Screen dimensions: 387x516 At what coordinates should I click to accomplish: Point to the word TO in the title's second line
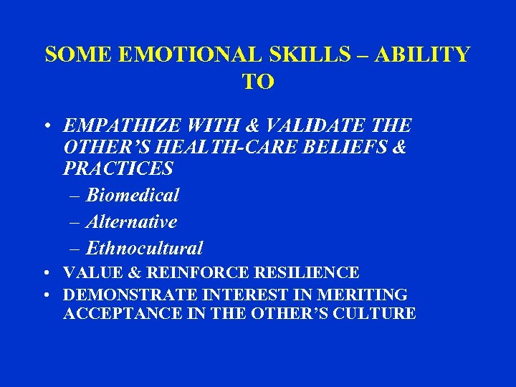click(258, 82)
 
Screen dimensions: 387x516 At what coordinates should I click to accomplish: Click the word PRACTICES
click(118, 168)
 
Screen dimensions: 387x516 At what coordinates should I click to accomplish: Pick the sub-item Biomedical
click(133, 195)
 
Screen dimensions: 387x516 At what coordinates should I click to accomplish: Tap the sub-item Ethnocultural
click(144, 249)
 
